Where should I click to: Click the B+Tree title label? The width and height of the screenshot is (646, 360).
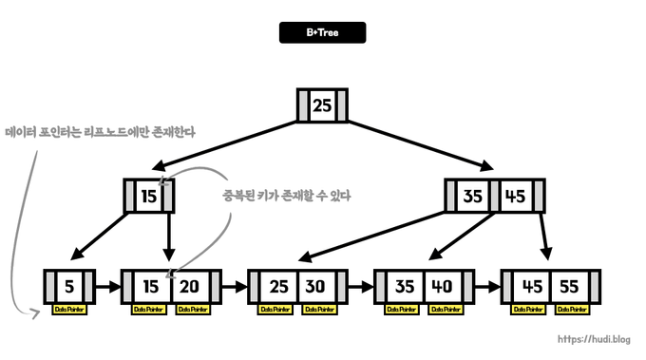click(322, 32)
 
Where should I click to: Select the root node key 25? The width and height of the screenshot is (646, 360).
click(322, 105)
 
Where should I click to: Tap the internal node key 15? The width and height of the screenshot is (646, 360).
click(149, 197)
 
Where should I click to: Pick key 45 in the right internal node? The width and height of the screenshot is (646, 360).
click(514, 197)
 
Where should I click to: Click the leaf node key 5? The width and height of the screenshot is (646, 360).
click(69, 286)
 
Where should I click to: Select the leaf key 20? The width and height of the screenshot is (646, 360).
click(189, 286)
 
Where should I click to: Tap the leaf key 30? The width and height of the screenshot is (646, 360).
click(315, 286)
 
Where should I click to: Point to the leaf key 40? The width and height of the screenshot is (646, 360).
click(441, 286)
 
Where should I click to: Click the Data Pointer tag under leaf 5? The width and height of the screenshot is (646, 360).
click(69, 310)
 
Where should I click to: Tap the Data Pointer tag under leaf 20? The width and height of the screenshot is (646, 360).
click(190, 310)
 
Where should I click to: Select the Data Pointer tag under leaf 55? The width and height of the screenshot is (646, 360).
click(568, 310)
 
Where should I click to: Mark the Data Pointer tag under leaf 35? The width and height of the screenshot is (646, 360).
click(402, 310)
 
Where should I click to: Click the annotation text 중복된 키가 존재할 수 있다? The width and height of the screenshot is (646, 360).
click(287, 196)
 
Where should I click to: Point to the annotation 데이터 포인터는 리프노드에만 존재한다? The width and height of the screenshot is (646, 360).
click(100, 132)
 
